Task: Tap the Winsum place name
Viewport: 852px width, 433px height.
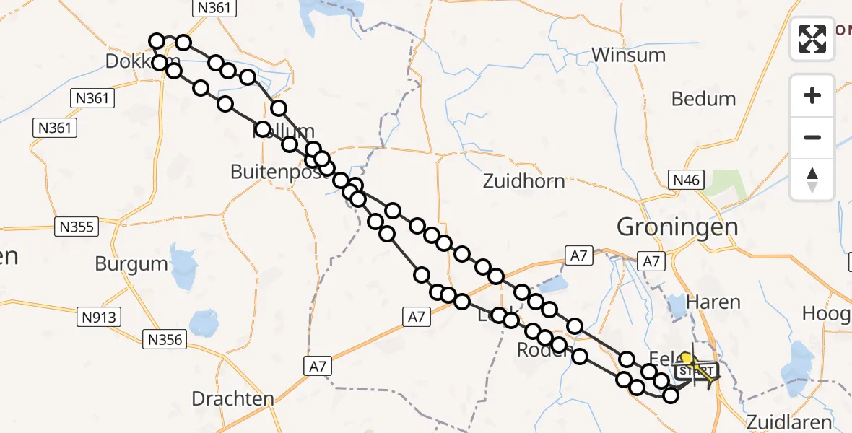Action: [628, 55]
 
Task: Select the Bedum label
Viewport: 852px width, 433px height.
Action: [703, 99]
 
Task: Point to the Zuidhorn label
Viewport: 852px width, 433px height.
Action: [524, 180]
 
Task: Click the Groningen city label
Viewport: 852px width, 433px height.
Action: [677, 227]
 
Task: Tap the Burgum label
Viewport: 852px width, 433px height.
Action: [131, 263]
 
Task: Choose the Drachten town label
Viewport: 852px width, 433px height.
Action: [232, 398]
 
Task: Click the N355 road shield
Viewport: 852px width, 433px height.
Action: [76, 227]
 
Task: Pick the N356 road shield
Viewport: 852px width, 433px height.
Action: [166, 338]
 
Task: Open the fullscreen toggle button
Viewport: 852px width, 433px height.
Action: [812, 39]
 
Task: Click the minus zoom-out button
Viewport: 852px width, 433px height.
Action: [812, 137]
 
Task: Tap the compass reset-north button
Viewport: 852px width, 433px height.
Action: [812, 180]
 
